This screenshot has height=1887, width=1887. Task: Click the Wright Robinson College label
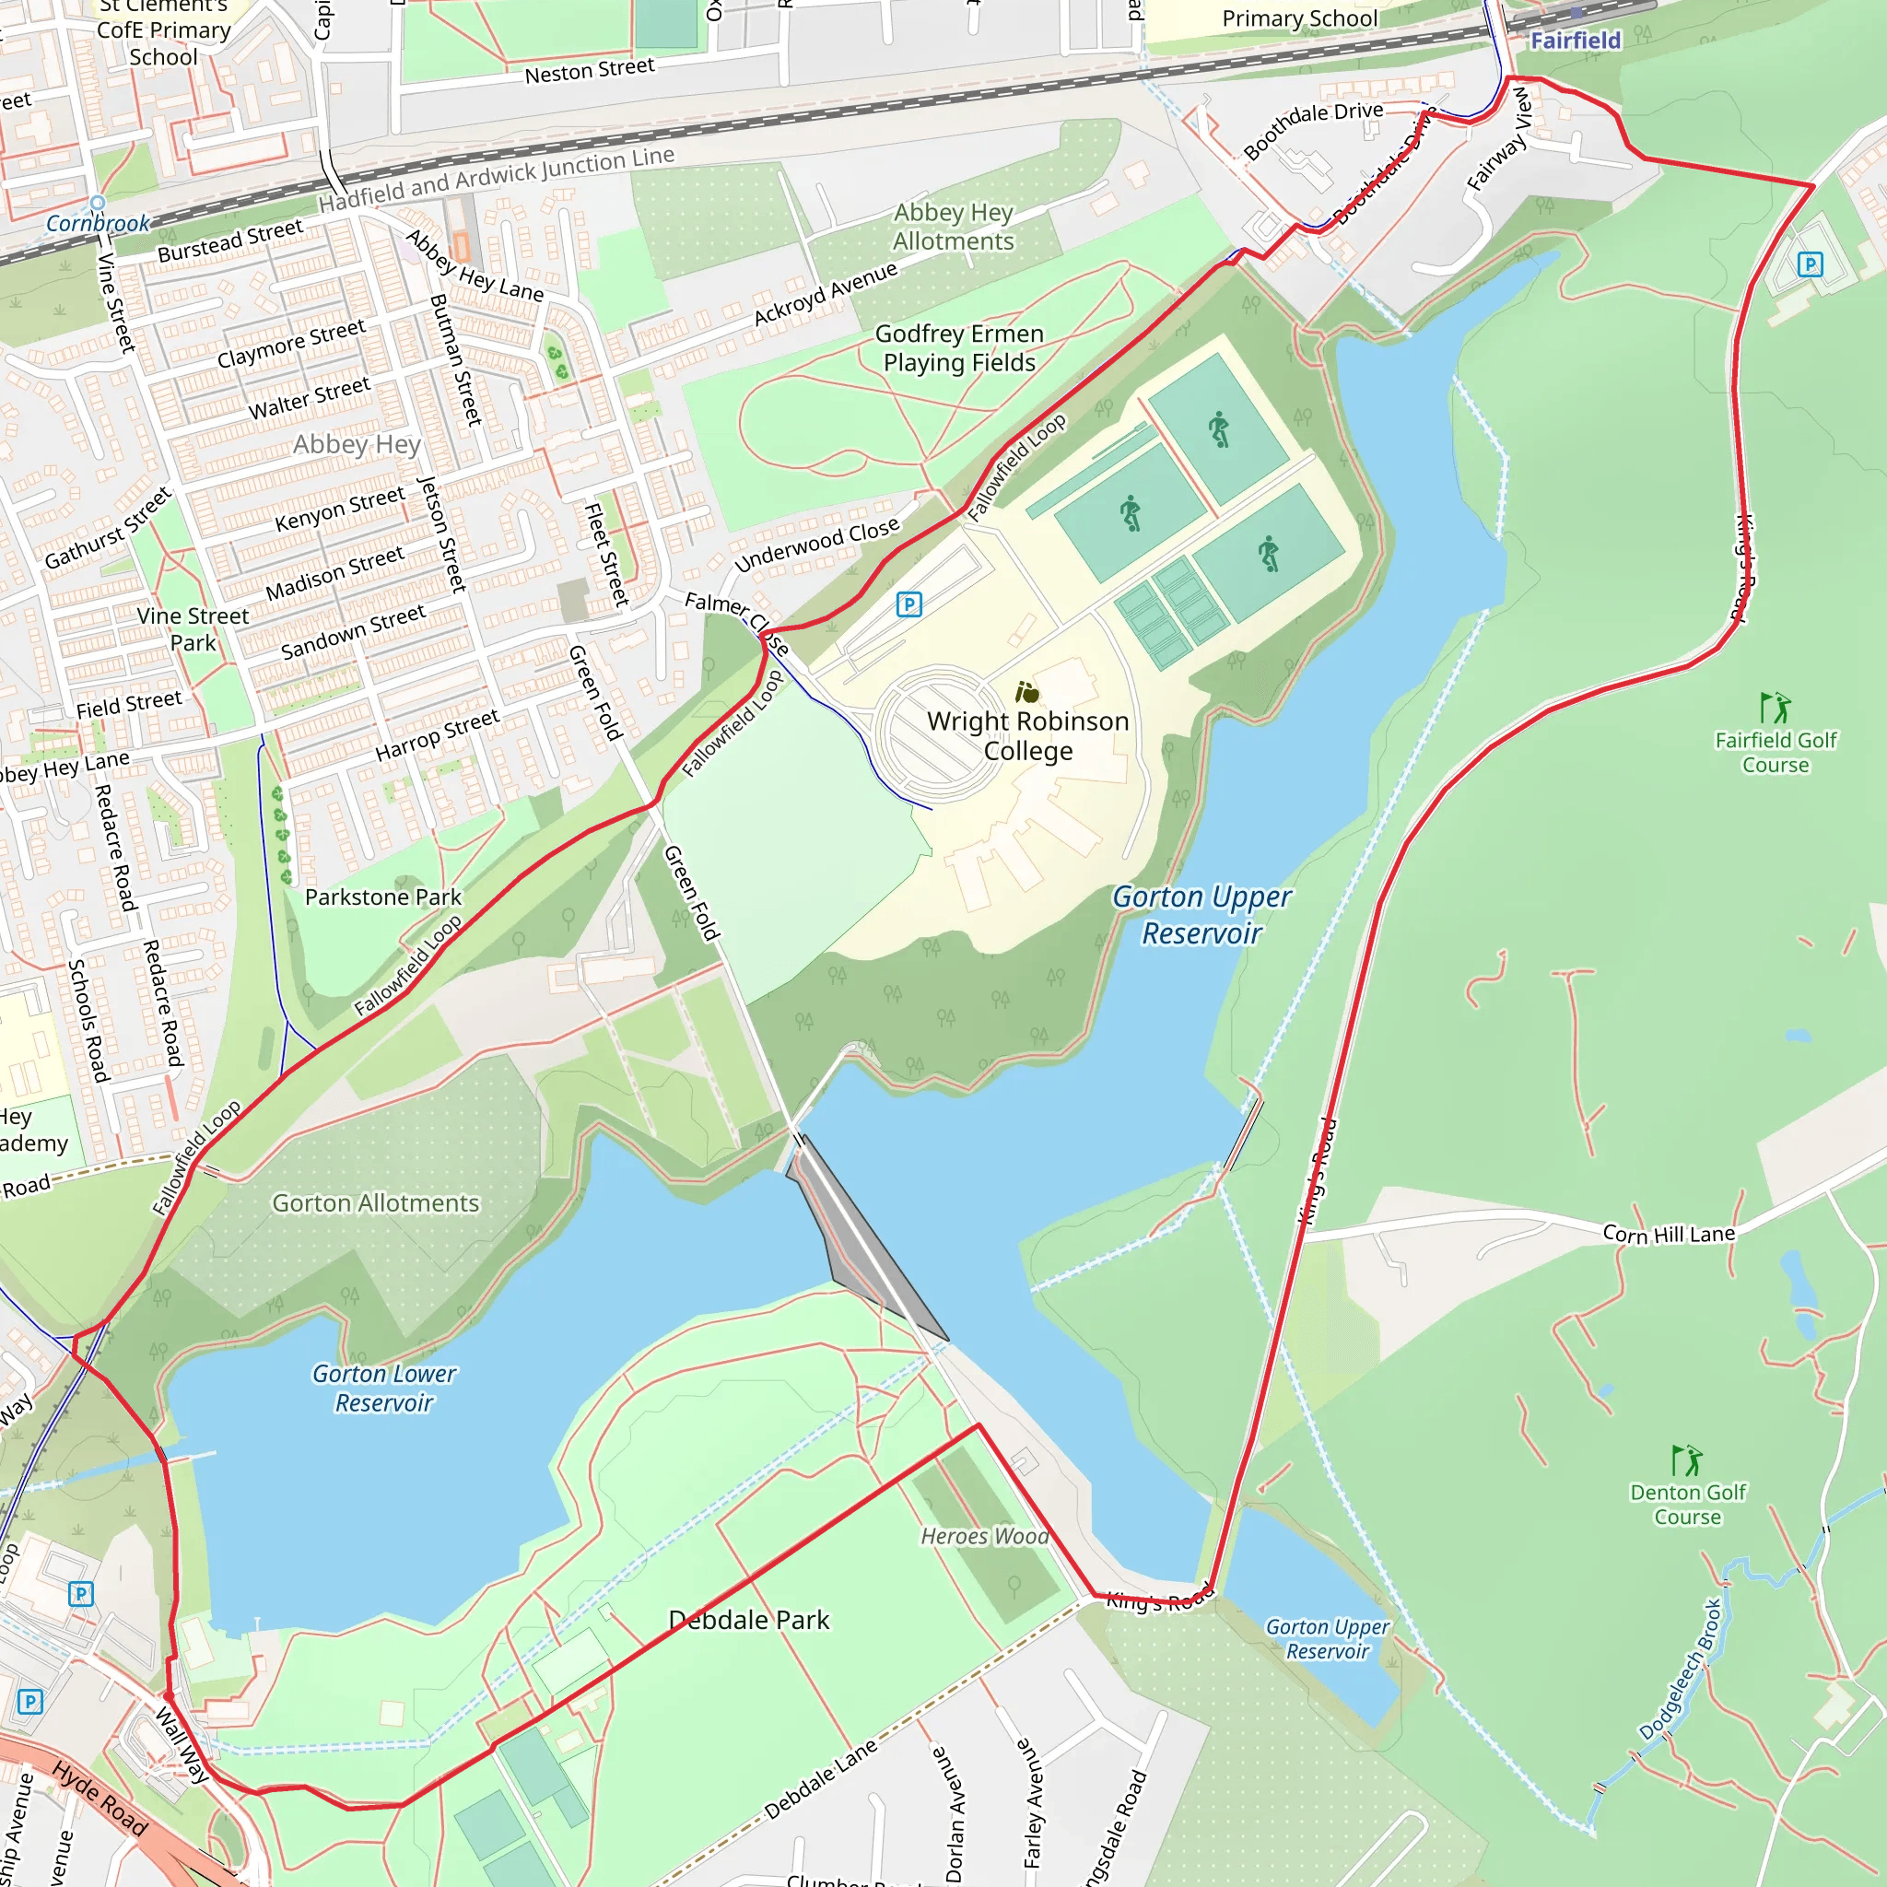click(1027, 735)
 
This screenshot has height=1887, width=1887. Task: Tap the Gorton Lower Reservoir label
click(384, 1388)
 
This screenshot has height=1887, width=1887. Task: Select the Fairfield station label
click(1575, 40)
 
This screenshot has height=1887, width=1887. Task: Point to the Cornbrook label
click(99, 223)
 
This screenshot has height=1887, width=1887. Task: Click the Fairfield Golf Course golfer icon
click(1775, 707)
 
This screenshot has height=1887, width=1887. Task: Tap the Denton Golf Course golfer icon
click(1687, 1460)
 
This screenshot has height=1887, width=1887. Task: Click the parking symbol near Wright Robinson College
click(908, 604)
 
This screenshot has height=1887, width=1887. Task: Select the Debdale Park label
click(748, 1620)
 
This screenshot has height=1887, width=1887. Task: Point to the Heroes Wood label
click(985, 1536)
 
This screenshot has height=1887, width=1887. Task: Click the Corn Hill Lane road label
click(1669, 1234)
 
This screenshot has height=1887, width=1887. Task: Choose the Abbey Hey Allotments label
click(954, 227)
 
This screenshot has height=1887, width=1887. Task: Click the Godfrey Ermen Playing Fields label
click(959, 347)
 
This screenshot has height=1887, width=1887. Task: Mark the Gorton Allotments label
click(375, 1203)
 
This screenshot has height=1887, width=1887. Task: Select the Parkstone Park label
click(383, 897)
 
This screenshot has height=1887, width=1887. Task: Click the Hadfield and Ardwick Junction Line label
click(497, 179)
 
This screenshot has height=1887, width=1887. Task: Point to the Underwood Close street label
click(816, 545)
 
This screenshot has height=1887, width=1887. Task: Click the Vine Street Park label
click(193, 629)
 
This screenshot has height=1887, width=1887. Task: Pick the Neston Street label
click(589, 70)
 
